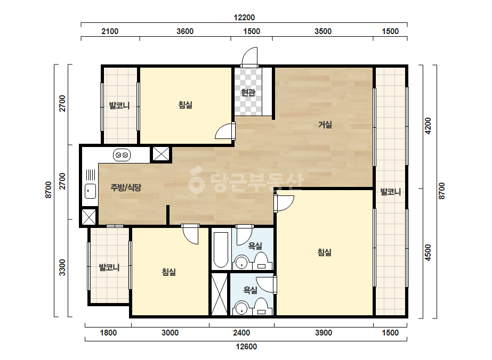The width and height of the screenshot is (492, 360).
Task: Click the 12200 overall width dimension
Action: coord(244,18)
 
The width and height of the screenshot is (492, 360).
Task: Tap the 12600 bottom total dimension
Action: coord(246,347)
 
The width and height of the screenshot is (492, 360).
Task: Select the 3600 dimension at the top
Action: coord(185,31)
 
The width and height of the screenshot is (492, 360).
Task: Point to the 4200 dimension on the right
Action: coord(428,126)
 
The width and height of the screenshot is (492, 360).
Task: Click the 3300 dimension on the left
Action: coord(62,267)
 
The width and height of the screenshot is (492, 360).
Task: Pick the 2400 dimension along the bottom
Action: coord(241,333)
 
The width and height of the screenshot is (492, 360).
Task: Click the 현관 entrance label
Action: coord(248,93)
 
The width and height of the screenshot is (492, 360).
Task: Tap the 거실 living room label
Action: coord(325,125)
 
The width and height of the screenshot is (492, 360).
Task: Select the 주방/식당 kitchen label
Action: coord(126,187)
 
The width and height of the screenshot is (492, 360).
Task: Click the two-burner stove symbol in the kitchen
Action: coord(122,155)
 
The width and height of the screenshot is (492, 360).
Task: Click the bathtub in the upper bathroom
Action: coord(221,250)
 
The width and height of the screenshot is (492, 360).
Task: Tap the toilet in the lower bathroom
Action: coord(261,307)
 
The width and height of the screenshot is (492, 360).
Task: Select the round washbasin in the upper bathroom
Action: coord(241,263)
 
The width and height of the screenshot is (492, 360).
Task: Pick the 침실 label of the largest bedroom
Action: coord(325,252)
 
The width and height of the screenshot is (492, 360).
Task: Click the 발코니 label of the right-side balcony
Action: coord(390,192)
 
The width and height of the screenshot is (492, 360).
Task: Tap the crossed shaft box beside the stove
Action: coord(161,154)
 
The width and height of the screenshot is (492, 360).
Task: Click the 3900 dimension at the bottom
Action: coord(324,333)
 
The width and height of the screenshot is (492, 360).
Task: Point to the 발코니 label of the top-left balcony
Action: coord(119,105)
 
